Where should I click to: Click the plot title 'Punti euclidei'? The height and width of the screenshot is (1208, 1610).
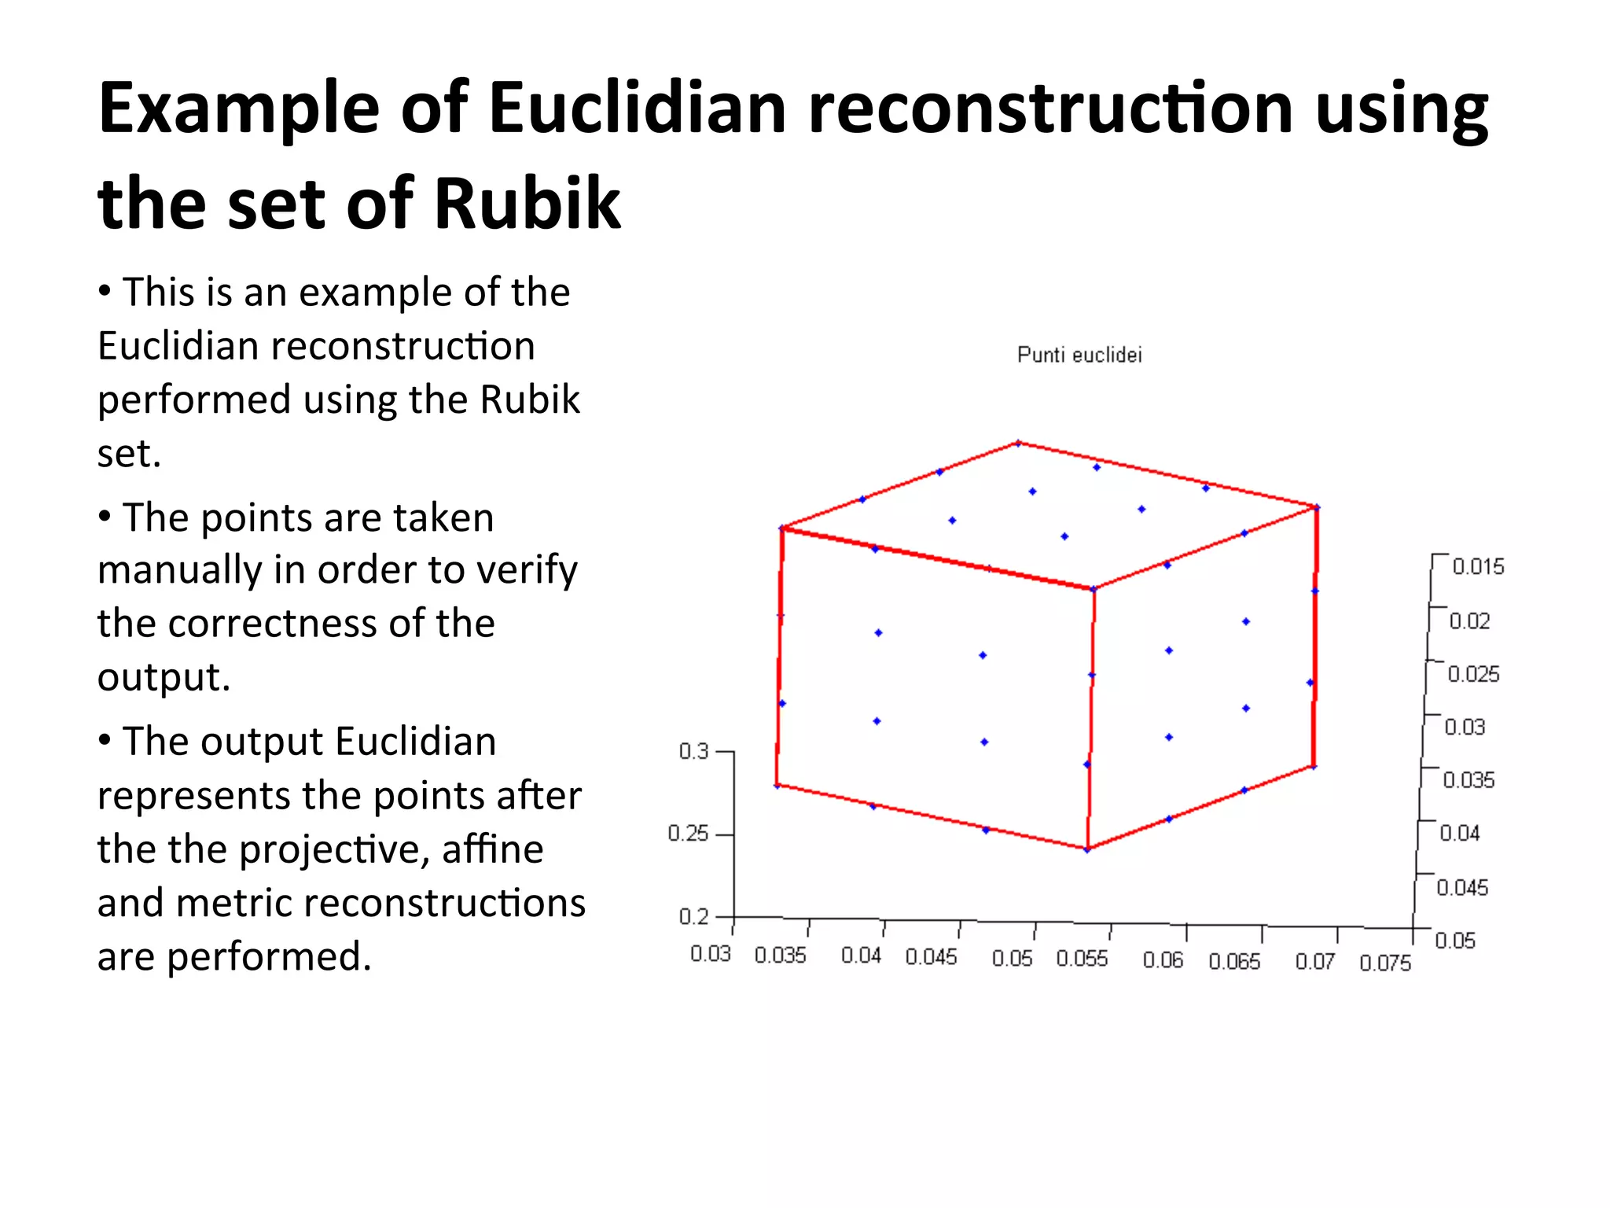(x=1079, y=355)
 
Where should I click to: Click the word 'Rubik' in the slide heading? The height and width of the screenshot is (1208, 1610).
(x=527, y=203)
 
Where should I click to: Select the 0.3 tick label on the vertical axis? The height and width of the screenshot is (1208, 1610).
(x=693, y=752)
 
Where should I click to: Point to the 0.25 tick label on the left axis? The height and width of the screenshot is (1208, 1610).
(x=688, y=834)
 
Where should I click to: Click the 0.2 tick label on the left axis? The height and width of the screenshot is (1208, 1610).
(x=693, y=916)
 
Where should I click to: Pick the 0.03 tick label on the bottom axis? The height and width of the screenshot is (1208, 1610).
(x=711, y=954)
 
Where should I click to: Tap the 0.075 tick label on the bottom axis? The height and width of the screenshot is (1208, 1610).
(x=1385, y=963)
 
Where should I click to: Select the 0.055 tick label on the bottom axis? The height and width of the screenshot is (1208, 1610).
(x=1082, y=959)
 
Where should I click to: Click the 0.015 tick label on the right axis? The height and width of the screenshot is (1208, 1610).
(x=1478, y=567)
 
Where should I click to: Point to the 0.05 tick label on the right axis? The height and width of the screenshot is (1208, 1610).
(x=1455, y=941)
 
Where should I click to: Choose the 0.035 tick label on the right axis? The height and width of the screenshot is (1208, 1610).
(x=1468, y=780)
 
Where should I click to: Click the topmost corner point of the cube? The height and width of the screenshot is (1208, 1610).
(x=1018, y=444)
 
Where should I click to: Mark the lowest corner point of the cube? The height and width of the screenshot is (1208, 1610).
(x=1087, y=849)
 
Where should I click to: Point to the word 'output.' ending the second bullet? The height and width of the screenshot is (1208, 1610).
(x=164, y=677)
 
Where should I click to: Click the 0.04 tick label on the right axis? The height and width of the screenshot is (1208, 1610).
(x=1460, y=833)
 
